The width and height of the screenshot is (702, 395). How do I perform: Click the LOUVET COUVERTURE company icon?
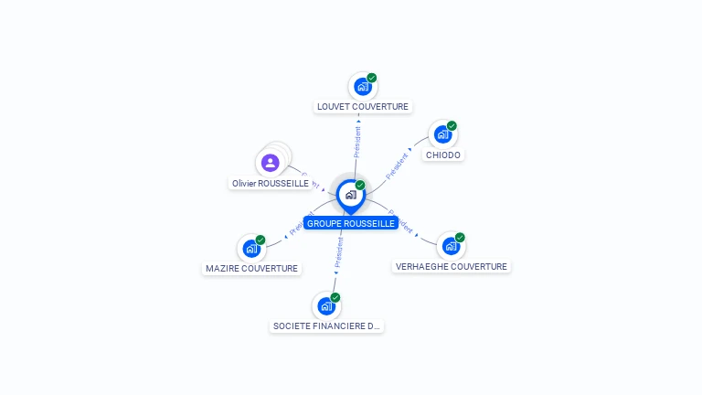[362, 87]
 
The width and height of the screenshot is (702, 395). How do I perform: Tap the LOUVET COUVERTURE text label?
[363, 107]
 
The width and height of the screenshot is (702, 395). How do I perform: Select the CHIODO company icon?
[442, 134]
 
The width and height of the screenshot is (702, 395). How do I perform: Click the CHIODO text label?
[443, 155]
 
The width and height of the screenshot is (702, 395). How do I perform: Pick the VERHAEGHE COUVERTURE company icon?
[450, 246]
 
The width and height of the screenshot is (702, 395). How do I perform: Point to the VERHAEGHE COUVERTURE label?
[451, 267]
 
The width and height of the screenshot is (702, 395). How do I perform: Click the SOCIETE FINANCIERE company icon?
[326, 306]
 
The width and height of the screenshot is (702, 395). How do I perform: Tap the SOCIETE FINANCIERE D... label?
[326, 326]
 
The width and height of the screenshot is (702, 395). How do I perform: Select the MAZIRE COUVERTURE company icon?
[250, 249]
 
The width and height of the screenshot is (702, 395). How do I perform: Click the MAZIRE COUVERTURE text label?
[251, 269]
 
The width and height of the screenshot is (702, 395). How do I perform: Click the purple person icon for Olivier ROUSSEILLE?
[270, 163]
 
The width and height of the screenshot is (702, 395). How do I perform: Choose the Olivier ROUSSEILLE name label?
[271, 184]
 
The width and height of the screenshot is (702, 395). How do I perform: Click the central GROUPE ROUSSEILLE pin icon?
[350, 195]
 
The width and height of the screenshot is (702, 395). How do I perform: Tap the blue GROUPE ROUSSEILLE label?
[351, 223]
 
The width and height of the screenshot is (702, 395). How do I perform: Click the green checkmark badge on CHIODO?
[452, 126]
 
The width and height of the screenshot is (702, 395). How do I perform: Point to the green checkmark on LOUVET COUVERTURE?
[372, 78]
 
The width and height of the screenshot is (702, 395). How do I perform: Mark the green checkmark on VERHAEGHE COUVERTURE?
[460, 238]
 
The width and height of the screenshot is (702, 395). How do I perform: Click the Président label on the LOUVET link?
[357, 141]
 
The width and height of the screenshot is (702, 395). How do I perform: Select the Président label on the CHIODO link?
[397, 165]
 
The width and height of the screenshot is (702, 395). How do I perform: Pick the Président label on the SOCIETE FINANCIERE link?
[338, 254]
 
